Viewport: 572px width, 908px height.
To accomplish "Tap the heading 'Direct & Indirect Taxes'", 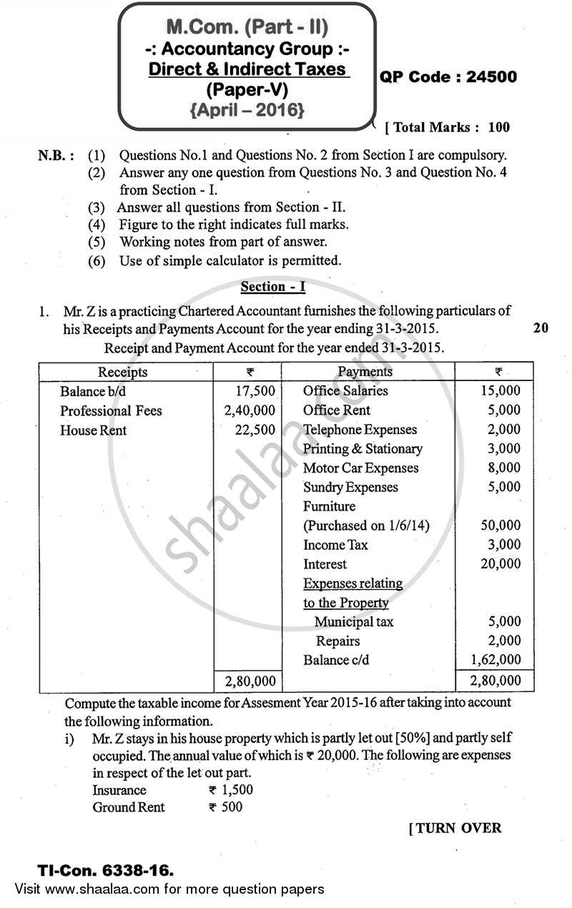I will click(247, 70).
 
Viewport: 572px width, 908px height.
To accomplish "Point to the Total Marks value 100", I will click(499, 128).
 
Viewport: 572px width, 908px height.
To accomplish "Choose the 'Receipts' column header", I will click(123, 372).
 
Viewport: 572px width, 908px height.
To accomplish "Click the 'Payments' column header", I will click(365, 372).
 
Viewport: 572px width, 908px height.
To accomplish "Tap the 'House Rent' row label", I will click(93, 430).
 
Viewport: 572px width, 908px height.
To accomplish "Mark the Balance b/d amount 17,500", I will click(255, 391).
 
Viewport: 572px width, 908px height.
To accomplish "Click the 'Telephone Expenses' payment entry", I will click(360, 430).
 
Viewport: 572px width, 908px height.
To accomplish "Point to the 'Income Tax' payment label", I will click(335, 545).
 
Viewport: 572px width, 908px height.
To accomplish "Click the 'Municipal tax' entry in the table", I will click(354, 622).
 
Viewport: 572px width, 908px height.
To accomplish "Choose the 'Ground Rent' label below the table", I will click(129, 807).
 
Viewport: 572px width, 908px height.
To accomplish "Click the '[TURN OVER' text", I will click(455, 829).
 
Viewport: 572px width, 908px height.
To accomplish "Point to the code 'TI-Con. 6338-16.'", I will click(106, 872).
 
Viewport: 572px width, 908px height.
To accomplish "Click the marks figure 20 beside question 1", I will click(541, 328).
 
